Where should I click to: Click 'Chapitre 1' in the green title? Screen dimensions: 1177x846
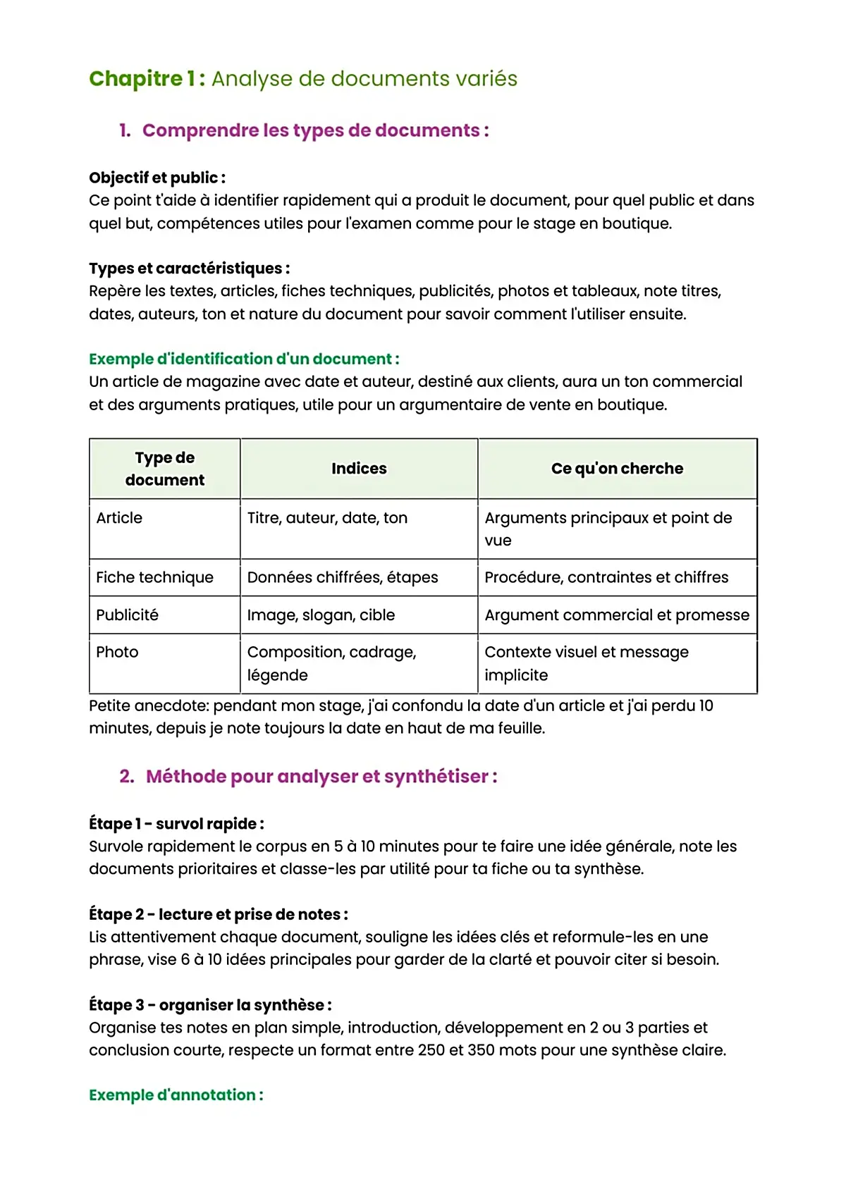coord(147,79)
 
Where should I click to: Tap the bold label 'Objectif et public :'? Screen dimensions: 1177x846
coord(157,178)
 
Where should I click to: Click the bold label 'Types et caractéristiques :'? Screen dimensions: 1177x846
coord(189,269)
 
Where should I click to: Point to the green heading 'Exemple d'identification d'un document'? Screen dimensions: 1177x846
coord(244,359)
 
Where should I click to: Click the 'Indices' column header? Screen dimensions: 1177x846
coord(359,469)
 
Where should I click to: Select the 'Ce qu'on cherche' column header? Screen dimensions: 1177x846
coord(617,469)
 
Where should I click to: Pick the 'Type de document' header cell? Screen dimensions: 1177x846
coord(165,469)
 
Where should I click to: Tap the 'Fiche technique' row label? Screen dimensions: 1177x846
coord(154,577)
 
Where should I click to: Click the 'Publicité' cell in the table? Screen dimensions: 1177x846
coord(128,615)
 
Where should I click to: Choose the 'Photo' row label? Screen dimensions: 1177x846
coord(117,652)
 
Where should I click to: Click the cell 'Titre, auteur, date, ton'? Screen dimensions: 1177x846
coord(327,518)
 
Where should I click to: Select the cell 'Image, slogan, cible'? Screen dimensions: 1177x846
coord(321,615)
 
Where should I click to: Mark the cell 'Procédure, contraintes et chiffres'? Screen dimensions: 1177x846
coord(606,577)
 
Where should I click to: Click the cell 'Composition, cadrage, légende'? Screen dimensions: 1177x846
coord(331,663)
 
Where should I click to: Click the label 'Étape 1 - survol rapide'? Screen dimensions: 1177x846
coord(176,824)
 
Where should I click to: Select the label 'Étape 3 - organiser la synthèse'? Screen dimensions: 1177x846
coord(210,1005)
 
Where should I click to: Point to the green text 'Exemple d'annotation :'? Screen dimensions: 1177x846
coord(176,1095)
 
